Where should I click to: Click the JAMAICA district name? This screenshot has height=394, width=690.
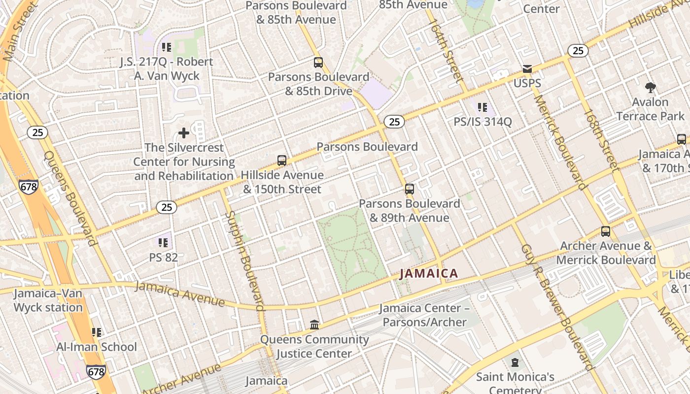429,273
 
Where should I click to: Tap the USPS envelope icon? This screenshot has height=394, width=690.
527,69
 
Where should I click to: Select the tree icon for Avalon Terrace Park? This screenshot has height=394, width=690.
650,88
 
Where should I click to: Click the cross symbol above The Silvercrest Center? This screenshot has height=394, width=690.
184,133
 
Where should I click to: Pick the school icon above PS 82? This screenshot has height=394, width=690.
164,243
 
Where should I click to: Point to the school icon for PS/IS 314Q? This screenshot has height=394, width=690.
483,107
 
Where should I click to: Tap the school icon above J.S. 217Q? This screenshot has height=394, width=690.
167,47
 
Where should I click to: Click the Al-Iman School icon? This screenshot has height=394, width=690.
97,332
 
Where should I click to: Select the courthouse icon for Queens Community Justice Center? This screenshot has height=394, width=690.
314,325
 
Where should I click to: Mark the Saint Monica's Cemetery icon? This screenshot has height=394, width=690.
515,363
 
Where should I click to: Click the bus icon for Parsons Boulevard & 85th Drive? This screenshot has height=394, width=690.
318,63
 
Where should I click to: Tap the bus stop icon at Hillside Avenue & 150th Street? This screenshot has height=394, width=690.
282,161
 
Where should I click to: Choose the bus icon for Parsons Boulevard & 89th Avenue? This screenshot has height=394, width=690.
409,189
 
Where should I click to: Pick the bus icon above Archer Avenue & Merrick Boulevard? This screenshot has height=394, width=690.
606,231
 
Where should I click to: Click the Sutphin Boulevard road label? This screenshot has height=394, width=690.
244,261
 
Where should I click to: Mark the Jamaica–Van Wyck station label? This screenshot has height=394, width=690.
48,300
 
